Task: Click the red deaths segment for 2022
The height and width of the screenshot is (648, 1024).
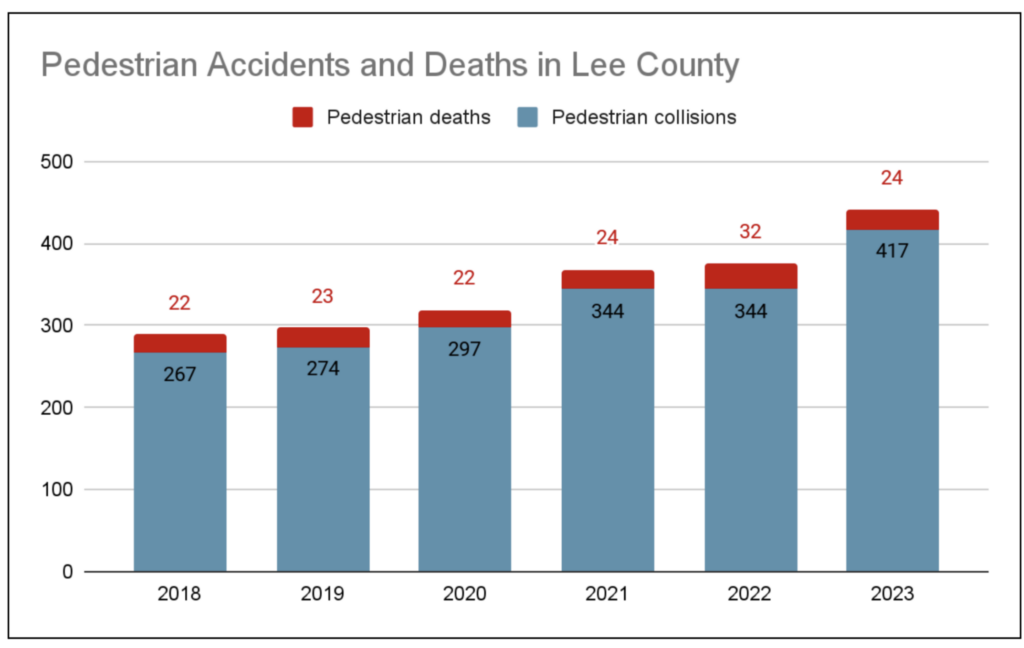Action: (750, 276)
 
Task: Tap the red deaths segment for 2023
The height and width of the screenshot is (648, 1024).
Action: (892, 220)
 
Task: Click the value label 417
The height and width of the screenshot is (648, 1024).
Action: (892, 250)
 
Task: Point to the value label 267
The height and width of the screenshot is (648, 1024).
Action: (180, 375)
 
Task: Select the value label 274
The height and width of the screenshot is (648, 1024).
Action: (323, 368)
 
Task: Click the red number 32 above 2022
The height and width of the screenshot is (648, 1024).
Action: (750, 232)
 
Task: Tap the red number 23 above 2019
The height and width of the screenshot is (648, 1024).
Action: (323, 297)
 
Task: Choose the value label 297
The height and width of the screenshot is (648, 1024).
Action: (464, 349)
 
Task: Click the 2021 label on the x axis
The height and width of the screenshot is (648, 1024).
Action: (607, 594)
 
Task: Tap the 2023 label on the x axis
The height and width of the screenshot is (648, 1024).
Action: (892, 594)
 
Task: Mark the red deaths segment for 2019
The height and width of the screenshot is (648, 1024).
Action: (323, 337)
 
